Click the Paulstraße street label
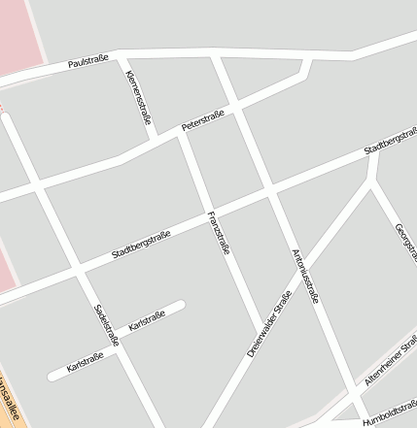[87, 62]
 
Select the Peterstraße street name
[203, 120]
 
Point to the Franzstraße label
[219, 232]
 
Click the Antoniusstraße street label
[305, 276]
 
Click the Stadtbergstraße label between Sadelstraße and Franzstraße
[142, 247]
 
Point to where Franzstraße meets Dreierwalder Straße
[261, 326]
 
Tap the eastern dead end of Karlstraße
[180, 308]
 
